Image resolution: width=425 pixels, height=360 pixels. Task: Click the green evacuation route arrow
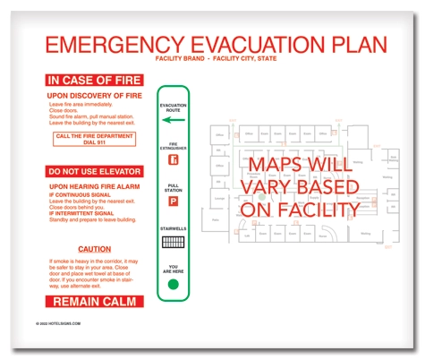174,119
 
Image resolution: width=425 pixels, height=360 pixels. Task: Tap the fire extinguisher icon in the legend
174,161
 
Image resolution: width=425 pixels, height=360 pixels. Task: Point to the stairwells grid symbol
174,242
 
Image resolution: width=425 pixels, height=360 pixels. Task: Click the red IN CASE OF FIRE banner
94,80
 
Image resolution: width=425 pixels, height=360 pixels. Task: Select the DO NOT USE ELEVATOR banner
94,171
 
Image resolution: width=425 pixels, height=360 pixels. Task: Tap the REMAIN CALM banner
94,301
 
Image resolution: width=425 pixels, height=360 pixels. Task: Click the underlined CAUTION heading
94,248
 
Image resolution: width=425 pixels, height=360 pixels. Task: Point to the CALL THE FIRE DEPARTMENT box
94,138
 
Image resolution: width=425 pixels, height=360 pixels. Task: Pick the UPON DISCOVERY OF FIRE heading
94,95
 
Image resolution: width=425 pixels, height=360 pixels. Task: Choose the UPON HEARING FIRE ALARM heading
94,186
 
